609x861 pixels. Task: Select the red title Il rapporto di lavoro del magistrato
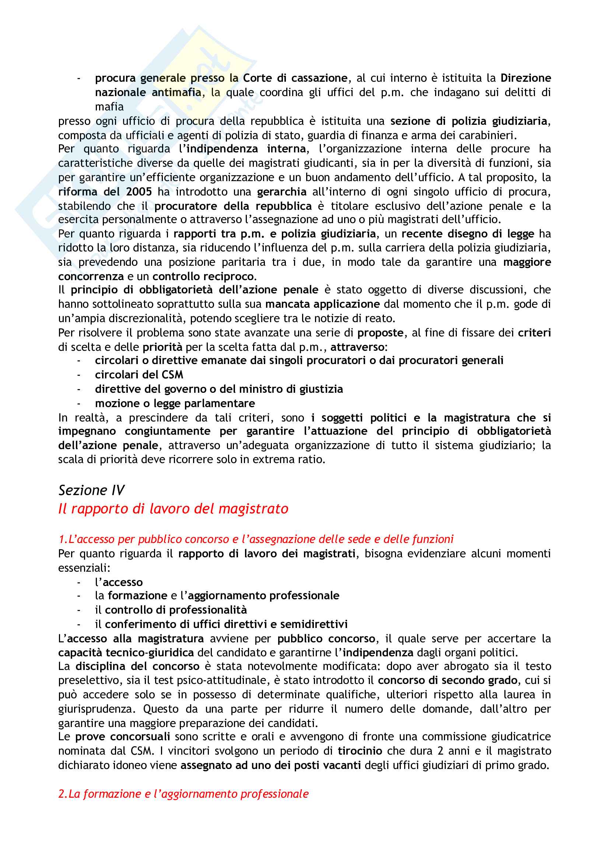pos(173,508)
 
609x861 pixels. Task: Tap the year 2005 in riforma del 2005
pos(139,192)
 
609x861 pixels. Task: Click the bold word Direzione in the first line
pos(526,78)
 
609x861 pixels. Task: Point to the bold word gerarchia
pos(281,192)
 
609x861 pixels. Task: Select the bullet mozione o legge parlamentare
pos(175,403)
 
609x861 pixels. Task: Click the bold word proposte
pos(380,333)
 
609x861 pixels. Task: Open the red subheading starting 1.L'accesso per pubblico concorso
pos(256,539)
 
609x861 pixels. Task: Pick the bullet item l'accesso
pos(119,582)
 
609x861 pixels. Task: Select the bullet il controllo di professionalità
pos(171,610)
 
